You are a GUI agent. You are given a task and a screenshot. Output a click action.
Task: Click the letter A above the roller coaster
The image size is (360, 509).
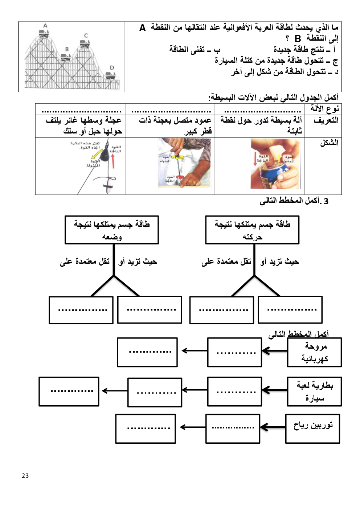coord(45,26)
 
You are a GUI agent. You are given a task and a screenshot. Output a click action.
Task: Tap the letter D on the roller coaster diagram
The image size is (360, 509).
coord(112,67)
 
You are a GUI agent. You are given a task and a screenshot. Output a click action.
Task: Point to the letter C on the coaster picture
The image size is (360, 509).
coord(86,36)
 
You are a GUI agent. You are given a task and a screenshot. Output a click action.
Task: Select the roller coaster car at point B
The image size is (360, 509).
coord(66,57)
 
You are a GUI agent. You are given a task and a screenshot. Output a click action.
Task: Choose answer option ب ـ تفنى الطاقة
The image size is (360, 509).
coord(195,49)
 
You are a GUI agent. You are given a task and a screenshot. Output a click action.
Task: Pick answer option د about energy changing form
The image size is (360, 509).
coord(285,72)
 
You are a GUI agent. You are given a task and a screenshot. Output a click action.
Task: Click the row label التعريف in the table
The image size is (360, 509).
coord(326,120)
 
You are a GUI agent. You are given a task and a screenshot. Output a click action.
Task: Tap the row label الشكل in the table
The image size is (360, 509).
coord(329,143)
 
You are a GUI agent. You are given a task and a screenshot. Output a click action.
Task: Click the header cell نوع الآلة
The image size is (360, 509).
coord(324,109)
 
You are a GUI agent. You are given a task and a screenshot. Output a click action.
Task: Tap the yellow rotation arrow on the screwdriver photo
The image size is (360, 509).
coord(178,157)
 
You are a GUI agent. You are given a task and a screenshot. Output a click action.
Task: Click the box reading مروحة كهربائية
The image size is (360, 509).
coord(314,352)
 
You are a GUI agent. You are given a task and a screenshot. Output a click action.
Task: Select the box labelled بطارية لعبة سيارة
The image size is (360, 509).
coord(314,391)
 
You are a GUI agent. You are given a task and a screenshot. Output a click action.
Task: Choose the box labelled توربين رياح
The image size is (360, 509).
coord(313,428)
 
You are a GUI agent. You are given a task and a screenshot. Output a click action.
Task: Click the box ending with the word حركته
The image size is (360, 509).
coord(252,230)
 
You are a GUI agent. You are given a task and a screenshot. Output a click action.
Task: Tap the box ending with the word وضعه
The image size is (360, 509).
coord(112,230)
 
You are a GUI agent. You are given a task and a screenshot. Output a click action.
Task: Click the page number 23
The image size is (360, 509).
coord(25,476)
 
